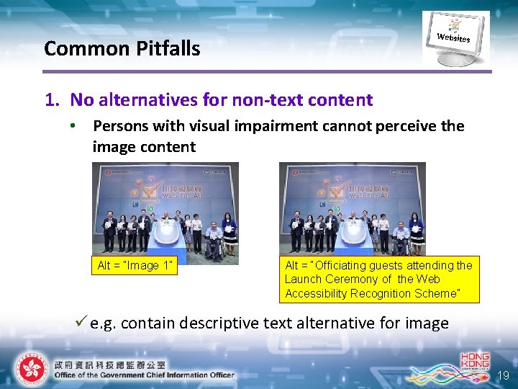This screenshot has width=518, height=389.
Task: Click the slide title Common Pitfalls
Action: pos(122,48)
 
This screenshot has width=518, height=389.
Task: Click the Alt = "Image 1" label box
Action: pos(135,265)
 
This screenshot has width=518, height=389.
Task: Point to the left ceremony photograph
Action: pos(165,210)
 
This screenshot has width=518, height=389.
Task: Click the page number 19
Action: pos(502,375)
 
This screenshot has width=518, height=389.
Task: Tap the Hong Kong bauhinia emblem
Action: pos(29,368)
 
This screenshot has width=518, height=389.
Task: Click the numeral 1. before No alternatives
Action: pos(51,99)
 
